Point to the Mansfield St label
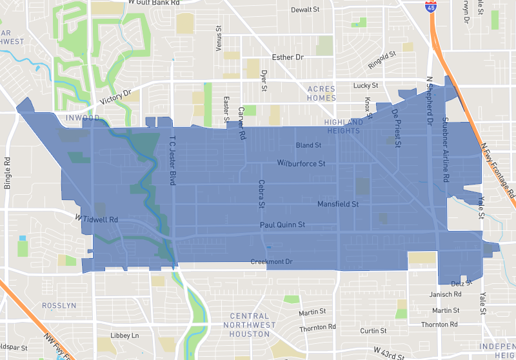tap(337, 204)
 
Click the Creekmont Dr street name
tap(272, 261)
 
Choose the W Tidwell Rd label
tap(97, 219)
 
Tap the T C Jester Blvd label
tap(172, 161)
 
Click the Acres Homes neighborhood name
tap(321, 93)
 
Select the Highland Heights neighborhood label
tap(344, 126)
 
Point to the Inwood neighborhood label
tap(82, 118)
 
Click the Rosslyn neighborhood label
tap(59, 305)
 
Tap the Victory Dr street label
tap(116, 98)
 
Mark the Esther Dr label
tap(287, 57)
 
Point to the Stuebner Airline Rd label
tap(444, 149)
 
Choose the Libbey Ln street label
tap(124, 335)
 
